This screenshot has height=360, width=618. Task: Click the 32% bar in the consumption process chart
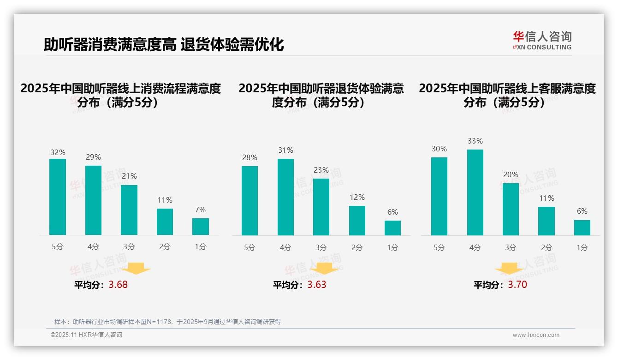pyautogui.click(x=58, y=197)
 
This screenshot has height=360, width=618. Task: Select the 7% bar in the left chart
pyautogui.click(x=201, y=227)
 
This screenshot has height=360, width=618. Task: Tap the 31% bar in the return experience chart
pyautogui.click(x=285, y=197)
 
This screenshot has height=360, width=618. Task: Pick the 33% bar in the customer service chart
pyautogui.click(x=475, y=192)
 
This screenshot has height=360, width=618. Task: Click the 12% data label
pyautogui.click(x=357, y=198)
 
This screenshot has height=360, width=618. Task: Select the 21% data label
pyautogui.click(x=129, y=176)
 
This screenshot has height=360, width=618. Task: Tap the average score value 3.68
pyautogui.click(x=118, y=285)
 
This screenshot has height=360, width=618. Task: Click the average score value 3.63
pyautogui.click(x=316, y=285)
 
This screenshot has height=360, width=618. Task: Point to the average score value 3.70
pyautogui.click(x=517, y=285)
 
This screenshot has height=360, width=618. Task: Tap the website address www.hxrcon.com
pyautogui.click(x=536, y=335)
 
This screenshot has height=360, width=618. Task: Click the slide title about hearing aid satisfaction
pyautogui.click(x=164, y=45)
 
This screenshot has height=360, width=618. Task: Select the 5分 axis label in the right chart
pyautogui.click(x=439, y=248)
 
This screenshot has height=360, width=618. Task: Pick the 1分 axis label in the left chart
pyautogui.click(x=201, y=247)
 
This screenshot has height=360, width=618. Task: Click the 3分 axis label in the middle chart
pyautogui.click(x=321, y=248)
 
